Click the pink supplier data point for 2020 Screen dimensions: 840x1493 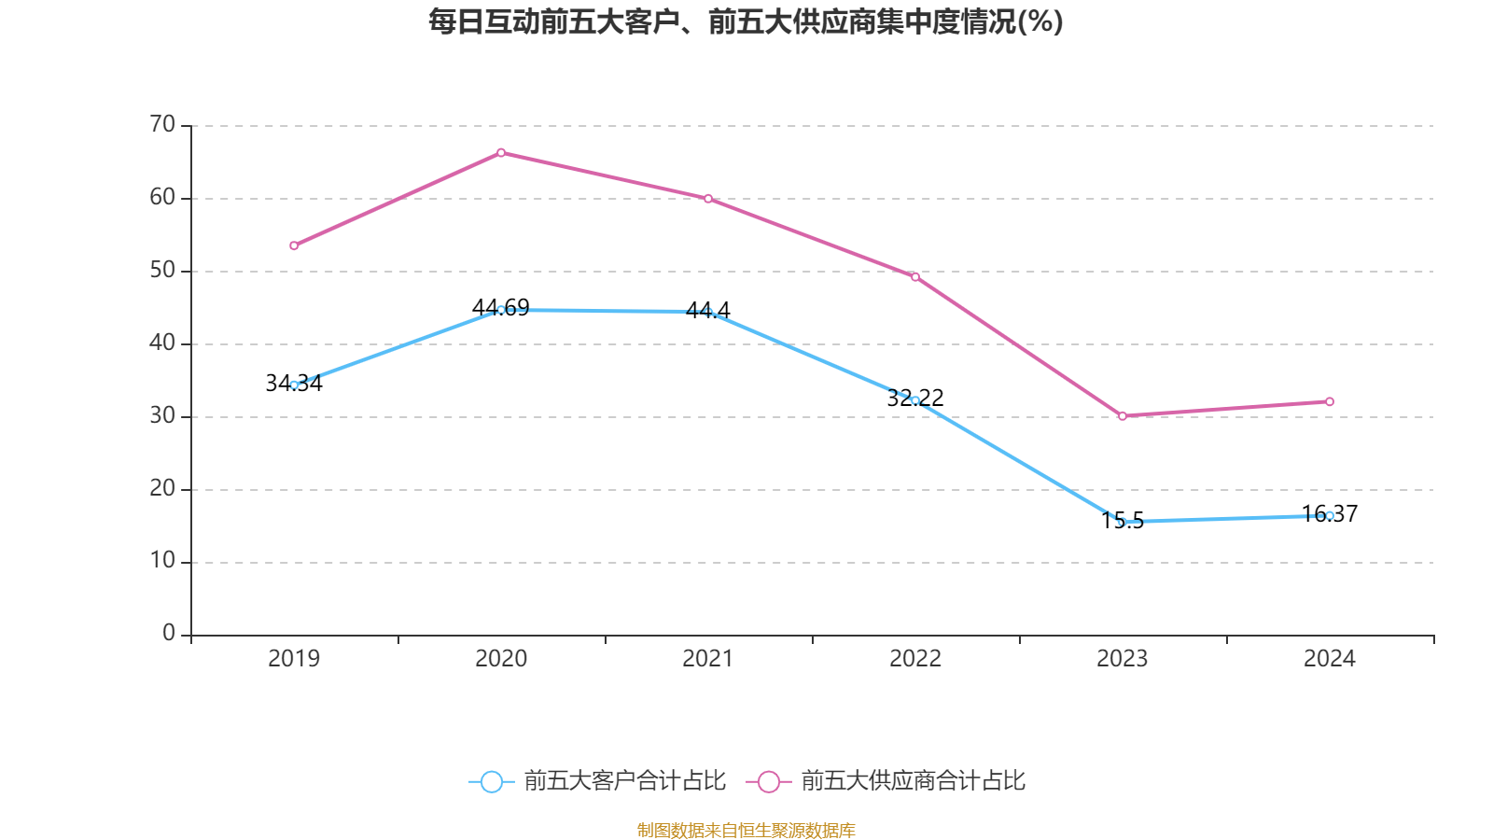(501, 152)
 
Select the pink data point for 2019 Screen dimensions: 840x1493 (294, 245)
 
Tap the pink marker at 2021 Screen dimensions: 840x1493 (708, 199)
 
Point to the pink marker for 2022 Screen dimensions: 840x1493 (915, 276)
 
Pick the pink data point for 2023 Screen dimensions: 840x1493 (1123, 416)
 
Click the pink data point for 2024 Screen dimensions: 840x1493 (1330, 401)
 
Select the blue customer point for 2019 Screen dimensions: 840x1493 (294, 385)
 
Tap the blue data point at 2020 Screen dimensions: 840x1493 (501, 310)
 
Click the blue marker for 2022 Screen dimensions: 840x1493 (915, 400)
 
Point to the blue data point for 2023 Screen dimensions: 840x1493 (1123, 522)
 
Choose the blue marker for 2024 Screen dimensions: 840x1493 (1330, 515)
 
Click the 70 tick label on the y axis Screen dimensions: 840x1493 (162, 124)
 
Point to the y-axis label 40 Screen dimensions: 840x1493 (162, 343)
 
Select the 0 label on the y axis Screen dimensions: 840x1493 (169, 634)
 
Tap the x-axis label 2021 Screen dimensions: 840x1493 (708, 659)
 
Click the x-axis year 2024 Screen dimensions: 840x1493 (1330, 659)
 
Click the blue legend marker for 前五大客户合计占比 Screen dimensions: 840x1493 (491, 781)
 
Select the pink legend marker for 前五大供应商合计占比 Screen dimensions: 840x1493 (769, 781)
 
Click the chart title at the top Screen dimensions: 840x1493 (746, 21)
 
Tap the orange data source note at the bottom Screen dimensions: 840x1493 (746, 830)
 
